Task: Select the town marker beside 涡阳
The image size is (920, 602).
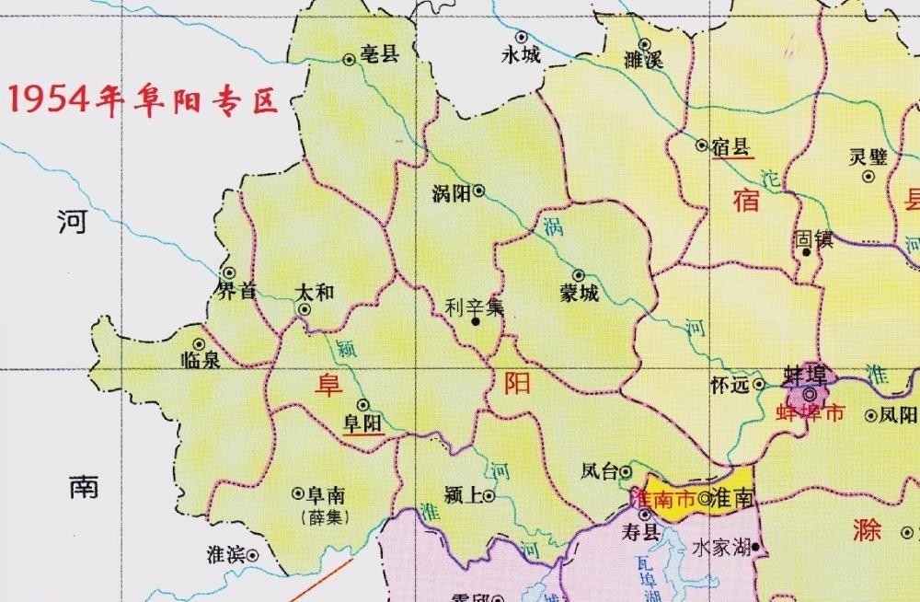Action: [478, 191]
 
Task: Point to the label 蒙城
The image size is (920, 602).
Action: [579, 295]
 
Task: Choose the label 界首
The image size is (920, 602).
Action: [236, 292]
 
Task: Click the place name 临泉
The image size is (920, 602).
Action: [201, 360]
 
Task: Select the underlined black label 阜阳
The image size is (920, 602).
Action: [362, 423]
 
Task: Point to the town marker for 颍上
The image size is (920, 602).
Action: [489, 497]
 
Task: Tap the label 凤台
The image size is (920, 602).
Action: [600, 473]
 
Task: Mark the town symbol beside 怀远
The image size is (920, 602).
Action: [759, 384]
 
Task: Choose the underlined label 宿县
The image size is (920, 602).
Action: [732, 145]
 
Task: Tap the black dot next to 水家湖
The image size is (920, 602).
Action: [755, 547]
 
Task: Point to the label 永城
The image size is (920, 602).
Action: [521, 56]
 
